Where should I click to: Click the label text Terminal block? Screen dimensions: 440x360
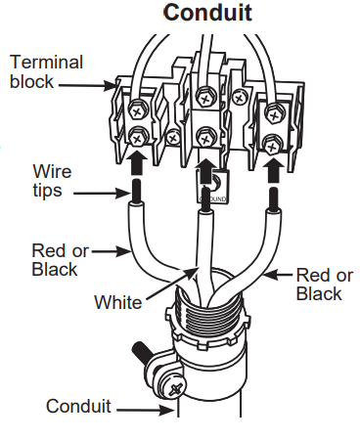46,71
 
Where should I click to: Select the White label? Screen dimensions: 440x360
117,302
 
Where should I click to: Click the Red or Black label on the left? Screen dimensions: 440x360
62,260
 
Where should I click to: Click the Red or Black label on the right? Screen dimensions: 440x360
320,284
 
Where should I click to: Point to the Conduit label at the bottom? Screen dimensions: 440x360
78,405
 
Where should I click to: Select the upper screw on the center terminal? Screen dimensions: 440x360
205,96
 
